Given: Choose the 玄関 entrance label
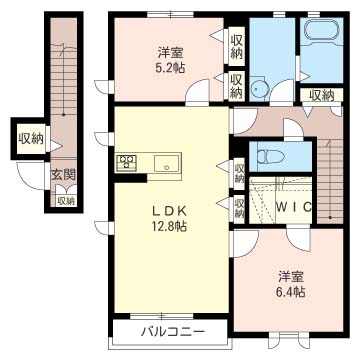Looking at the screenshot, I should coord(63,174).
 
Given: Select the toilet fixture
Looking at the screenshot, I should coord(270,156).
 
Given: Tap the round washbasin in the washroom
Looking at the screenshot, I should coord(262,88).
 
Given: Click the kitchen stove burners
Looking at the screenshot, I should coord(127,163).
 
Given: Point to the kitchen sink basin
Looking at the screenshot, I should coord(164,164).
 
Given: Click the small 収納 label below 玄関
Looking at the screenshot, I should coord(65,201).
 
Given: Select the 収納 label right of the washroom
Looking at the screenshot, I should coord(321,95).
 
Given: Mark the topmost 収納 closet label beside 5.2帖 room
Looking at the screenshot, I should coord(237,45).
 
